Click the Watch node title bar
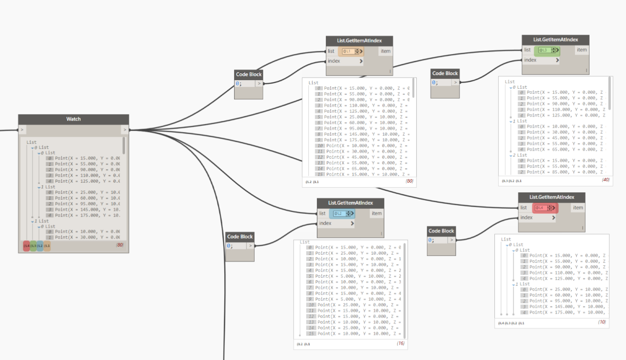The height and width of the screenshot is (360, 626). [73, 119]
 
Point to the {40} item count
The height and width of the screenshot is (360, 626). [605, 180]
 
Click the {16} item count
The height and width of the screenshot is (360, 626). [400, 343]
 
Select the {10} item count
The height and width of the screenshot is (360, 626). [602, 322]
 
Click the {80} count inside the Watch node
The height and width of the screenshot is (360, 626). [120, 245]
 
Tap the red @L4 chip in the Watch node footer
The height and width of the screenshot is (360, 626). [27, 246]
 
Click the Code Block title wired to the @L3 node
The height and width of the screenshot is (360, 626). [445, 73]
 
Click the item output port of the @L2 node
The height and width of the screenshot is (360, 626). [376, 213]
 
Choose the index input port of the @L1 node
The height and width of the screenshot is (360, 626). [334, 61]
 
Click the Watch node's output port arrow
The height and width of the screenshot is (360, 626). [125, 129]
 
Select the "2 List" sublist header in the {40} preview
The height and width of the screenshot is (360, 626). [520, 155]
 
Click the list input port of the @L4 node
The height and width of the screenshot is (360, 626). [524, 208]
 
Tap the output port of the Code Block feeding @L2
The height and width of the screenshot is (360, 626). [250, 246]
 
